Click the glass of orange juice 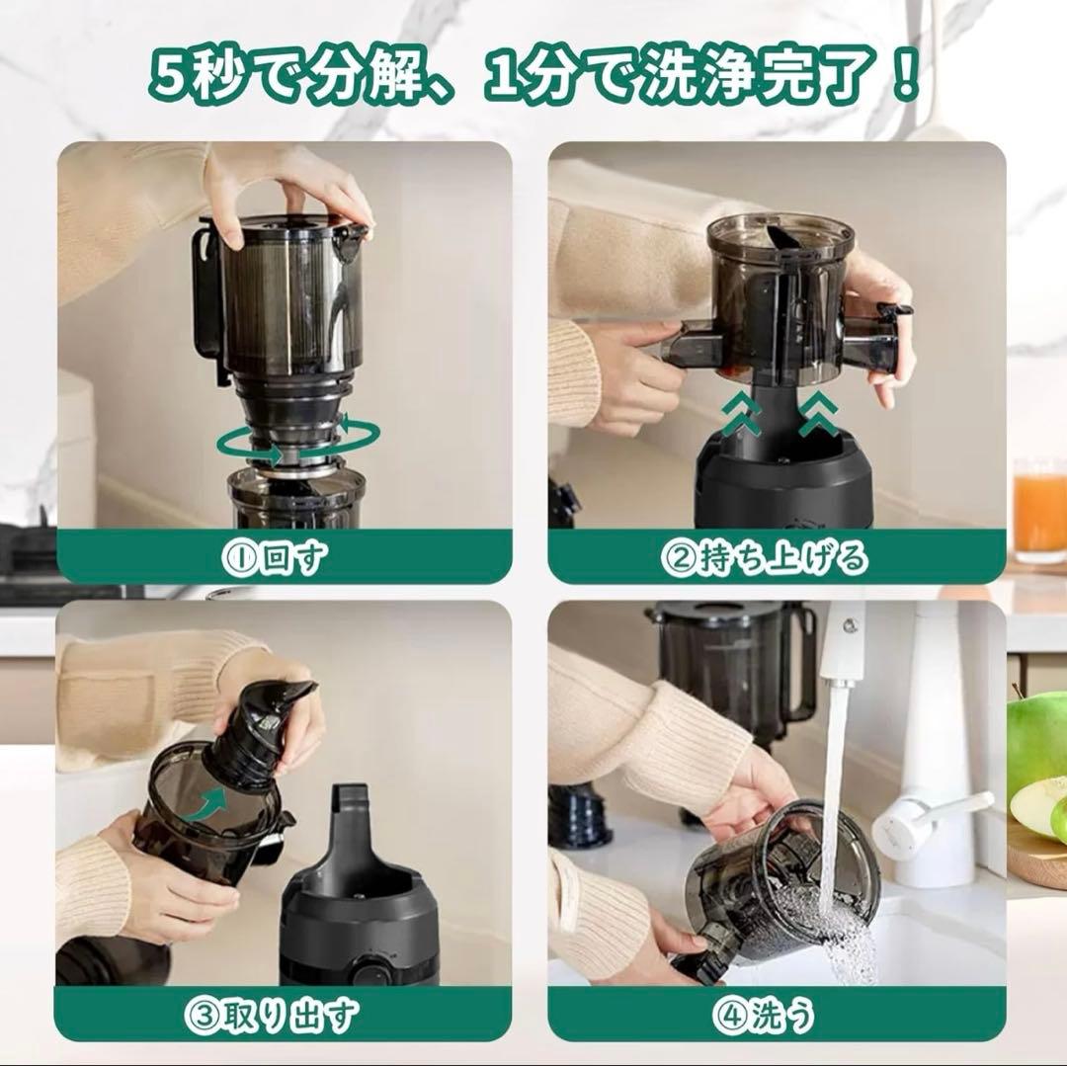tap(1039, 509)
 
